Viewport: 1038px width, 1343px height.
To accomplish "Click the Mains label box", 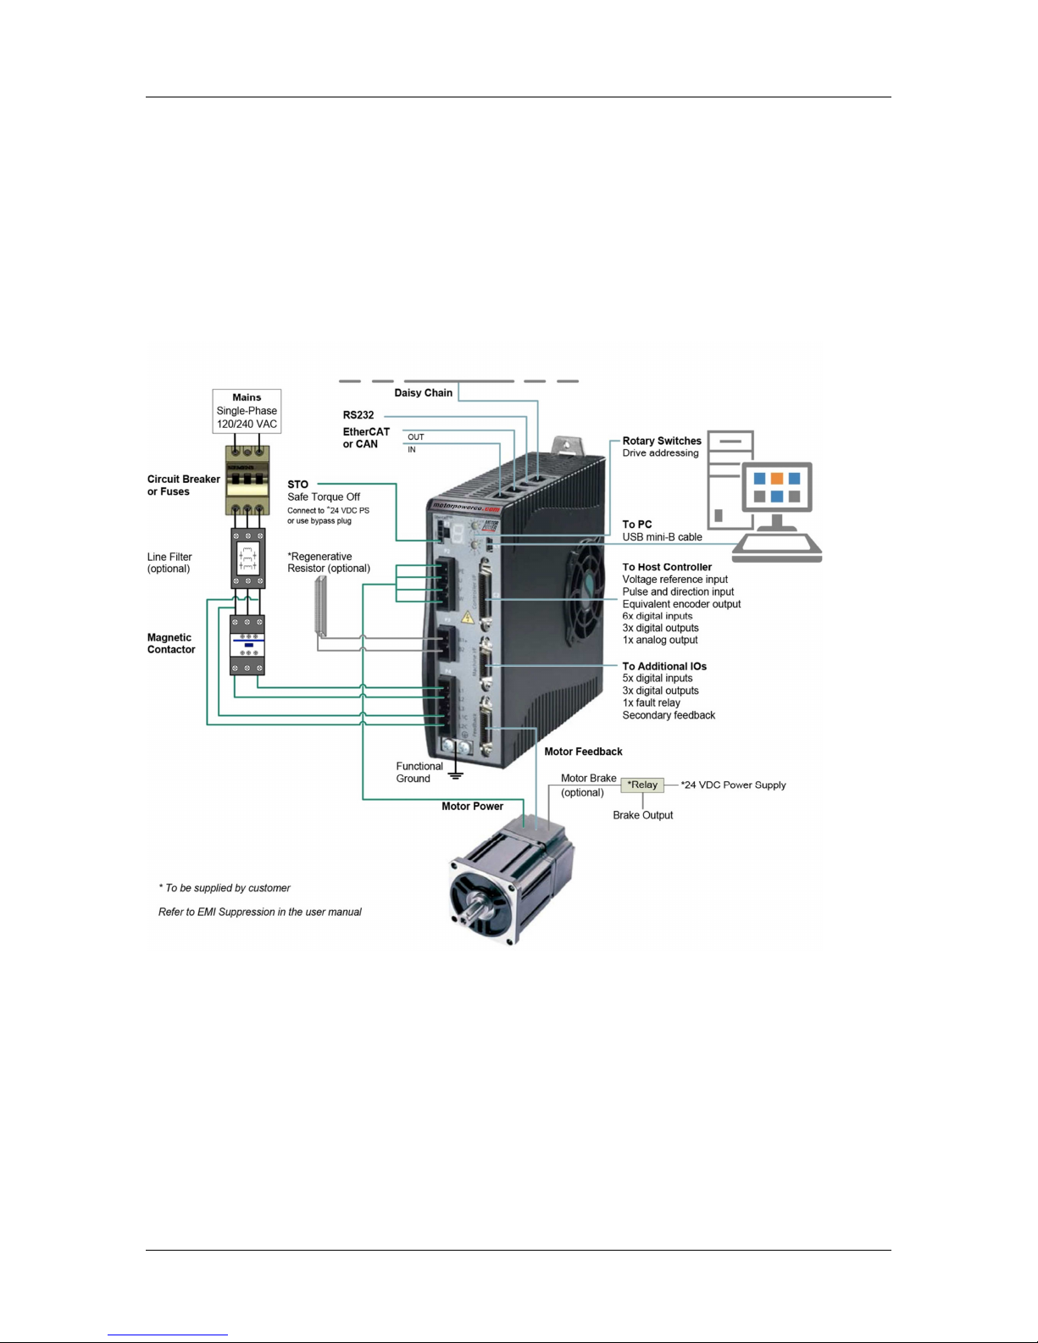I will (247, 411).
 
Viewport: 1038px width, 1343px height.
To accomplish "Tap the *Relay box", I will (642, 785).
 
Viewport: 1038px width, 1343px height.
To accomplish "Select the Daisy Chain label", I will (423, 392).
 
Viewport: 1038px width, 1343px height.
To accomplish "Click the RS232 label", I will (358, 415).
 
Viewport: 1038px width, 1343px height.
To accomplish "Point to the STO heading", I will (297, 485).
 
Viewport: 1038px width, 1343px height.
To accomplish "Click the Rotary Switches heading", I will (662, 441).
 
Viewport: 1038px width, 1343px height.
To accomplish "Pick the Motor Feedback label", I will (583, 752).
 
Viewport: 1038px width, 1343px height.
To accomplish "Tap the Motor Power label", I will (472, 806).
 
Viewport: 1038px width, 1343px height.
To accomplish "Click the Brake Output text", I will (642, 815).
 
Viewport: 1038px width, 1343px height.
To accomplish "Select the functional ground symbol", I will (456, 772).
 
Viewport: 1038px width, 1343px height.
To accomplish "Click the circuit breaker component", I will (247, 480).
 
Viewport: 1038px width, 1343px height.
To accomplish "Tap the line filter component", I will (248, 558).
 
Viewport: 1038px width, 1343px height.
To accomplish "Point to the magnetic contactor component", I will (247, 645).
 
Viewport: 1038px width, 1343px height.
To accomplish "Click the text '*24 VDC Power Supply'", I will (733, 785).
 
